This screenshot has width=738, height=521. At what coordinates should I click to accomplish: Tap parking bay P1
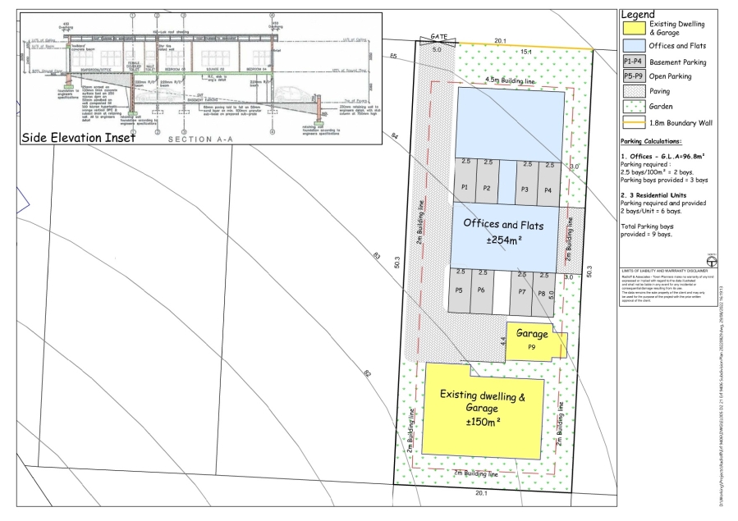tap(465, 187)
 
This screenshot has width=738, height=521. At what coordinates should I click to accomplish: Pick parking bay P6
tap(481, 290)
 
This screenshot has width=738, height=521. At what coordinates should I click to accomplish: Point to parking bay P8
tap(541, 293)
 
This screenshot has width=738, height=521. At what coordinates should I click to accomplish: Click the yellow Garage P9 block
tap(532, 340)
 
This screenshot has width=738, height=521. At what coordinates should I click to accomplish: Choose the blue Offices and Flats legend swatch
tap(633, 46)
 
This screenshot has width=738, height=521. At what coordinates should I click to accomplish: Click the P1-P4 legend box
tap(633, 62)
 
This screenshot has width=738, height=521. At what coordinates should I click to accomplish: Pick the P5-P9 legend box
tap(633, 76)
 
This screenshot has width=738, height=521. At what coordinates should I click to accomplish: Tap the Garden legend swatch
tap(633, 107)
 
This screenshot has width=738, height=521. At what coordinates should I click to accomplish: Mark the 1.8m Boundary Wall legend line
tap(633, 123)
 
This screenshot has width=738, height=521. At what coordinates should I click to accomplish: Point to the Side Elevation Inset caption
tap(77, 137)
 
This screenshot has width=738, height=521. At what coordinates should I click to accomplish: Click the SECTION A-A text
tap(200, 139)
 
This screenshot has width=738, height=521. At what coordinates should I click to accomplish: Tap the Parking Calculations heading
tap(654, 141)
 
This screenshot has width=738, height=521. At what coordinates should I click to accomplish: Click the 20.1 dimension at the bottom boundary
tap(480, 493)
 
